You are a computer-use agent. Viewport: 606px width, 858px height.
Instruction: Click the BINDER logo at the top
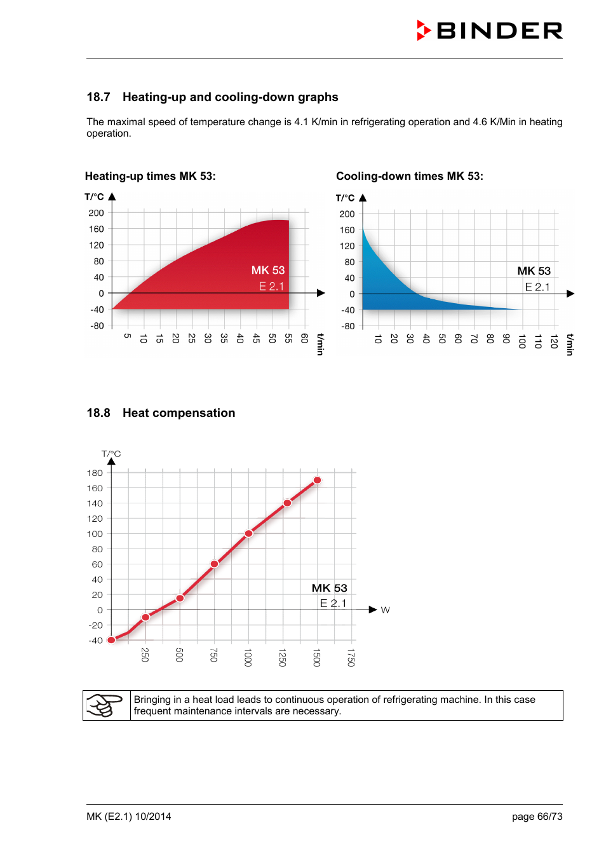click(490, 31)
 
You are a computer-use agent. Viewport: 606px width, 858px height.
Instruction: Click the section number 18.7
click(98, 97)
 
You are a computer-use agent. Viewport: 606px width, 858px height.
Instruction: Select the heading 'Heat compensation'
click(178, 413)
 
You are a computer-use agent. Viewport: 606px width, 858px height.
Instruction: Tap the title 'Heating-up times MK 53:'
click(150, 176)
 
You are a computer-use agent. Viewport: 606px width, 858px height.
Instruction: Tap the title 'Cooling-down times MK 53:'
click(409, 176)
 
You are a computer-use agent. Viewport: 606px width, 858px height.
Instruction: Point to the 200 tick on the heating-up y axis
click(97, 213)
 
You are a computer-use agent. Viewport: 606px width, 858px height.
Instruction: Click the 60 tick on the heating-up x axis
click(304, 338)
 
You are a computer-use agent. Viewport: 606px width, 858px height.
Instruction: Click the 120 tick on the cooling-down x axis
click(554, 341)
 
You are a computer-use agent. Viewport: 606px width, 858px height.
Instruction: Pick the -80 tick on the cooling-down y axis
click(347, 326)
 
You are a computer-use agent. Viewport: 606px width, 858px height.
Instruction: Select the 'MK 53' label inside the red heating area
click(267, 270)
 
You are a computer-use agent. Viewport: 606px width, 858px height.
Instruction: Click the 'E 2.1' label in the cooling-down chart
click(537, 287)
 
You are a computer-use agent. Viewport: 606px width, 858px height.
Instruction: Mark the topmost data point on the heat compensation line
click(317, 480)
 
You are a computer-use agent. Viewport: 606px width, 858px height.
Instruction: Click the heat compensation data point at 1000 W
click(248, 533)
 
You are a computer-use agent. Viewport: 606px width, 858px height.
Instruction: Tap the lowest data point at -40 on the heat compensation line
click(111, 640)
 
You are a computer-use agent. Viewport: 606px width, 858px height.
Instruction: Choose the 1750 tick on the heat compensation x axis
click(351, 657)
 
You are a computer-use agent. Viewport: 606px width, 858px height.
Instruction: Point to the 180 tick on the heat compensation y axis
click(95, 473)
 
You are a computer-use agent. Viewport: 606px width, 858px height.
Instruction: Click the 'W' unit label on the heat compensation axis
click(385, 610)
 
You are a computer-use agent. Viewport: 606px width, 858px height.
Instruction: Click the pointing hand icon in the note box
click(105, 705)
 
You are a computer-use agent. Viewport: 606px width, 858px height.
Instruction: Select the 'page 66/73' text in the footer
click(537, 817)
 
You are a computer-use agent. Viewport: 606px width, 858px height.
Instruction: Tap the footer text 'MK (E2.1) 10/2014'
click(129, 817)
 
